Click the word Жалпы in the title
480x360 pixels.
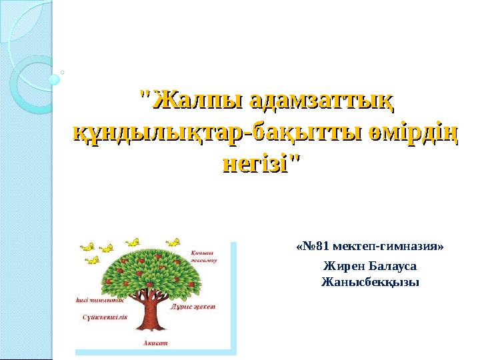click(x=191, y=102)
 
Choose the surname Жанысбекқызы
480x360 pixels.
click(x=370, y=281)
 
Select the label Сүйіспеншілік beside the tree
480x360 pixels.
click(x=101, y=317)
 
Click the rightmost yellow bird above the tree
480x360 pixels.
click(x=175, y=241)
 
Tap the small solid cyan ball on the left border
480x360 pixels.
click(x=54, y=79)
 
